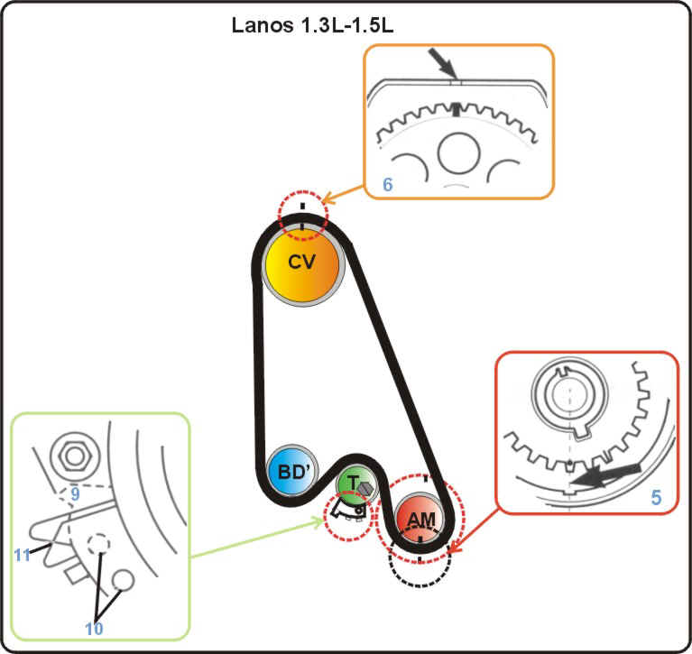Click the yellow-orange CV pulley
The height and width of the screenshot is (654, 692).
(303, 263)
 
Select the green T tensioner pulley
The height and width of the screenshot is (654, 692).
(352, 484)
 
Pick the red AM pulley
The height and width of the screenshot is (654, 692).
(420, 520)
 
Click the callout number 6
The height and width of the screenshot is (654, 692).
(388, 184)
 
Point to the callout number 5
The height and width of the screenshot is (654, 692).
(655, 495)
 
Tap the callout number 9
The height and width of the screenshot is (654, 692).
(75, 493)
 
